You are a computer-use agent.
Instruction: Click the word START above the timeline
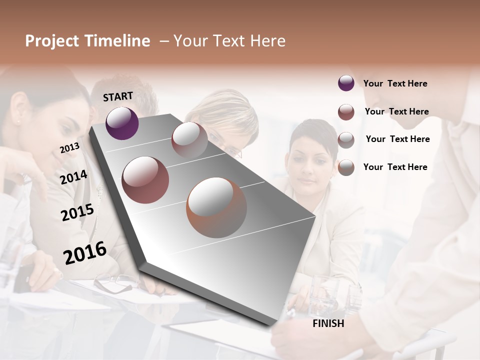pyautogui.click(x=118, y=96)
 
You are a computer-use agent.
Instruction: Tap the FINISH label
pyautogui.click(x=328, y=323)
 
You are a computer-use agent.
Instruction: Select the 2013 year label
pyautogui.click(x=69, y=147)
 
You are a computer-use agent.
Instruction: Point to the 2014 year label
pyautogui.click(x=73, y=177)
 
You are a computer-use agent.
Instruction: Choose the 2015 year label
pyautogui.click(x=77, y=212)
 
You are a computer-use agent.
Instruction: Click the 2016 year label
pyautogui.click(x=84, y=252)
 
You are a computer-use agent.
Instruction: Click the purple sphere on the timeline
pyautogui.click(x=122, y=123)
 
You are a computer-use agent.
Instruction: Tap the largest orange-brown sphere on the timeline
pyautogui.click(x=216, y=207)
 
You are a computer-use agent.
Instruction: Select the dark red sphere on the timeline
pyautogui.click(x=145, y=180)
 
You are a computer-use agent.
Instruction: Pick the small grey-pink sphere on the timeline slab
pyautogui.click(x=189, y=140)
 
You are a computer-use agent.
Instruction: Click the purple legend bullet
pyautogui.click(x=346, y=83)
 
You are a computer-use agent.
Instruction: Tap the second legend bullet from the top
pyautogui.click(x=346, y=112)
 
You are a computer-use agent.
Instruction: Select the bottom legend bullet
pyautogui.click(x=346, y=167)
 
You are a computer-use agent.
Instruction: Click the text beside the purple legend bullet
pyautogui.click(x=395, y=83)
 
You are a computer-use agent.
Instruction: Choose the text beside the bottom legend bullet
pyautogui.click(x=395, y=167)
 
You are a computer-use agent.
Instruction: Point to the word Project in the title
pyautogui.click(x=51, y=41)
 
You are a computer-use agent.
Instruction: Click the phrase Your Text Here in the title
pyautogui.click(x=229, y=41)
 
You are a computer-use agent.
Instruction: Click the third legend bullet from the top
pyautogui.click(x=346, y=140)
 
